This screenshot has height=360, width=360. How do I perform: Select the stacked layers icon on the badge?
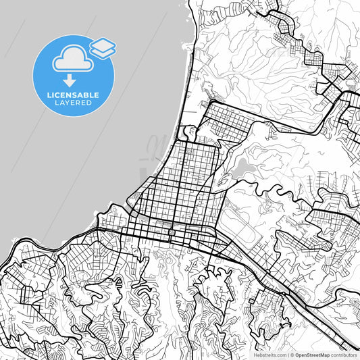102,47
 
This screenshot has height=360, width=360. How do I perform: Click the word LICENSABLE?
74,95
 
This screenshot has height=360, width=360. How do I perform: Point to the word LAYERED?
74,103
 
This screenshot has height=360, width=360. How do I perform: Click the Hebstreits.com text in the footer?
269,355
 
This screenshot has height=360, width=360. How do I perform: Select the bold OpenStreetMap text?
311,355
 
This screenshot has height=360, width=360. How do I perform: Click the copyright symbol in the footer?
292,355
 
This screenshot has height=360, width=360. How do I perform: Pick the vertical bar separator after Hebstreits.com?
287,355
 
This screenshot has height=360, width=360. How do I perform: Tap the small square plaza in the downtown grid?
172,232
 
